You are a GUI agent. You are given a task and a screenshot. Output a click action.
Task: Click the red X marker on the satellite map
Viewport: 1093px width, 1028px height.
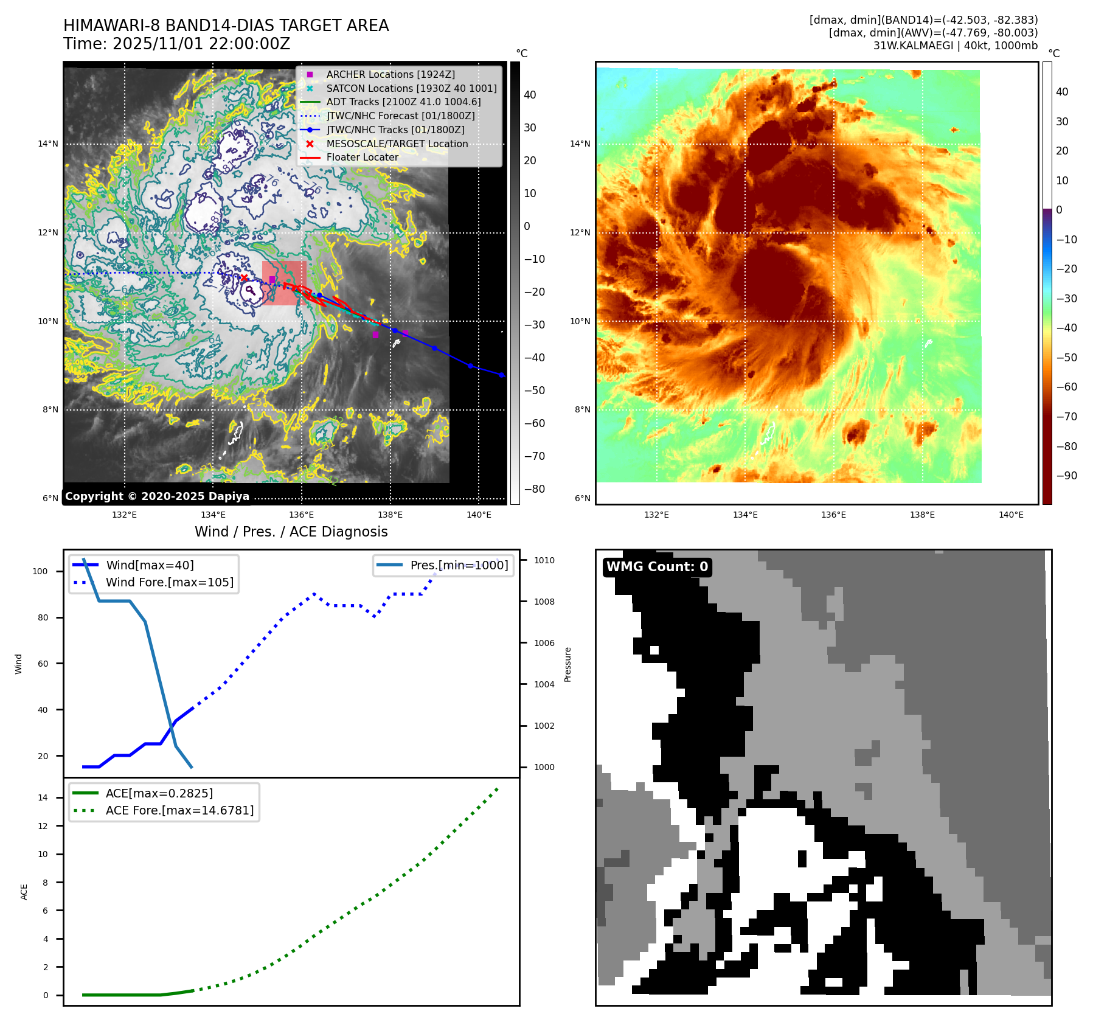point(244,278)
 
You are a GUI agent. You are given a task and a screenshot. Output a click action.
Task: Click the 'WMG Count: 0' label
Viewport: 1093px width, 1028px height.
point(657,567)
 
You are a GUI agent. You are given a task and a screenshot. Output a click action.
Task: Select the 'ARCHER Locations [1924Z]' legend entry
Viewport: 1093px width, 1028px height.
point(390,74)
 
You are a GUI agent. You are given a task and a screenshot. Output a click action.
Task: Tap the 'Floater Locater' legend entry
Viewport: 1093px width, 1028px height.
point(362,157)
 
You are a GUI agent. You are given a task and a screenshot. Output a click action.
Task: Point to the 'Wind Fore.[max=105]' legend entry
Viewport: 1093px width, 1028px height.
point(169,582)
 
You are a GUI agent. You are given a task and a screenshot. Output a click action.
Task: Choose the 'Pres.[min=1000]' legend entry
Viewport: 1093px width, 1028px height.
point(459,565)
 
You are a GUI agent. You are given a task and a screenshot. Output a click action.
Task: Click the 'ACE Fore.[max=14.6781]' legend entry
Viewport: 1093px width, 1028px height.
point(179,810)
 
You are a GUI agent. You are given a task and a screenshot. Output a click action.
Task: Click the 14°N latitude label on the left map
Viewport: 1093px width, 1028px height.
point(48,144)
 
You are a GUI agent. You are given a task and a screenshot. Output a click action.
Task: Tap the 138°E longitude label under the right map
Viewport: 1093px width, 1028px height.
point(922,515)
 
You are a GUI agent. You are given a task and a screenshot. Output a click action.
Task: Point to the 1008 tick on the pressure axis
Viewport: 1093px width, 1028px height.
point(544,602)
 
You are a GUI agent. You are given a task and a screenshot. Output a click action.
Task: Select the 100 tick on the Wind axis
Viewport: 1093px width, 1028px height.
point(40,571)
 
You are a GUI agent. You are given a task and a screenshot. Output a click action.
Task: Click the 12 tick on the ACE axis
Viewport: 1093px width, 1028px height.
point(43,826)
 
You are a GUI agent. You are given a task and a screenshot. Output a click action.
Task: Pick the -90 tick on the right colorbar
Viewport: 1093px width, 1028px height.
point(1066,476)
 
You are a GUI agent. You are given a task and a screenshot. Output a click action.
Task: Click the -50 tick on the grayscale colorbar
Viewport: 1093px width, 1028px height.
point(535,391)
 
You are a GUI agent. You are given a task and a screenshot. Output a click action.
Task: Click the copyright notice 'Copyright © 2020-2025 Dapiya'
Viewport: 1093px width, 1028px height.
point(157,496)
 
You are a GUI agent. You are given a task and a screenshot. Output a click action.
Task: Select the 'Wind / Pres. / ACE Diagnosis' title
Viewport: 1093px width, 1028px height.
point(291,532)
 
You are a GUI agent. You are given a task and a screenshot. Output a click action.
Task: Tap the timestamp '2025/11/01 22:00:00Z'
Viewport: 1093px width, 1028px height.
point(201,44)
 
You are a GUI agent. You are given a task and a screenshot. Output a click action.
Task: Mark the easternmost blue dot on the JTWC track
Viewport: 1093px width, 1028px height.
point(501,375)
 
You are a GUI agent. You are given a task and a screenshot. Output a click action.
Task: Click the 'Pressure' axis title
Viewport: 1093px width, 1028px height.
point(567,664)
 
